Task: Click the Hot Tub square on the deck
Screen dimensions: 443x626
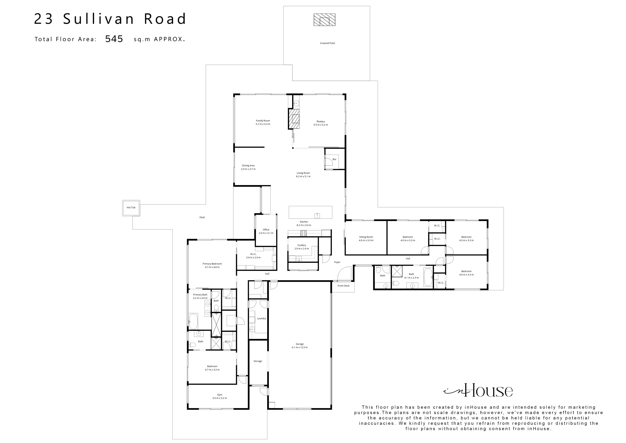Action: [131, 208]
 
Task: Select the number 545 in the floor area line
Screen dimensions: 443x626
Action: [114, 39]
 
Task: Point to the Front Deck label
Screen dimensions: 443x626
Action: [343, 286]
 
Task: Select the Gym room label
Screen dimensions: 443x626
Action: [219, 395]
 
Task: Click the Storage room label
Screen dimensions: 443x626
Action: [258, 361]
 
